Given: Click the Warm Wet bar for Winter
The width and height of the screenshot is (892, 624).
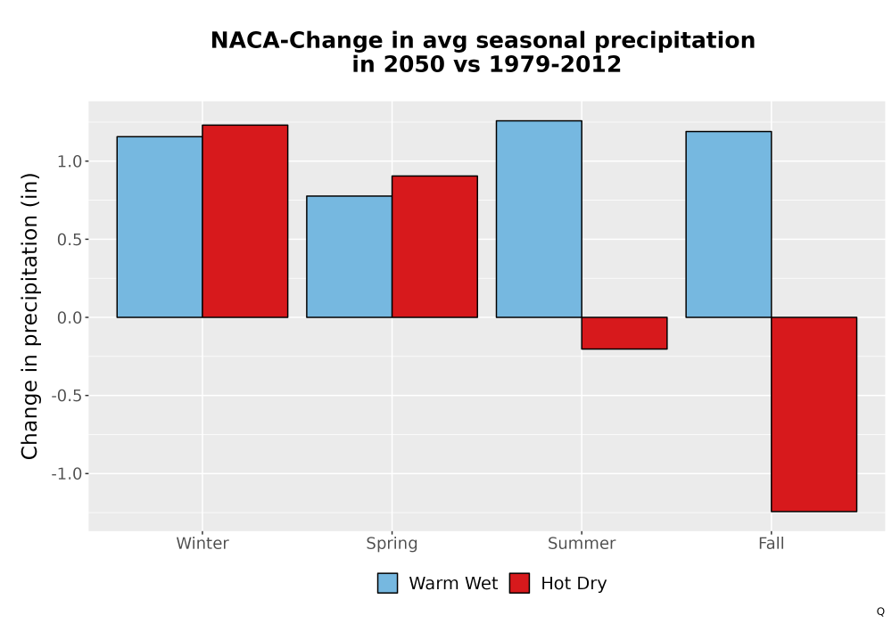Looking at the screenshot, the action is click(160, 226).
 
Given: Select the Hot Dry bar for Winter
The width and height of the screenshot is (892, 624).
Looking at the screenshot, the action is click(245, 221).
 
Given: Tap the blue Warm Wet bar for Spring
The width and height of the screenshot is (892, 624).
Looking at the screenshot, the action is click(350, 257).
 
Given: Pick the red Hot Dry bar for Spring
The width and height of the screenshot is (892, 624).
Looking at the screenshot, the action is click(434, 247).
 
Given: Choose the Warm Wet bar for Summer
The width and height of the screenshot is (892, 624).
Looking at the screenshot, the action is click(539, 218).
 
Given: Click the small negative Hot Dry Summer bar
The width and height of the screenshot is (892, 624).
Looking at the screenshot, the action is click(624, 333).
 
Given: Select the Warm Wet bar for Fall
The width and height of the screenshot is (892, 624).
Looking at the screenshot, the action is click(729, 225).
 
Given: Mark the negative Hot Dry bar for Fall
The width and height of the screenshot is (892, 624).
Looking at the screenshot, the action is click(814, 415).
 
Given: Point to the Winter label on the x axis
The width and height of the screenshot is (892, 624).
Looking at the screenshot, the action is click(202, 543).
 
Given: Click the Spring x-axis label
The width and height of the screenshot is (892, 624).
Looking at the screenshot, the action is click(392, 544).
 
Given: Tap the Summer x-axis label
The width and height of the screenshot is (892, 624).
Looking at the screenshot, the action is click(582, 543).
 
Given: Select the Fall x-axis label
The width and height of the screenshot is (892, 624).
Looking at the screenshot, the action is click(772, 543).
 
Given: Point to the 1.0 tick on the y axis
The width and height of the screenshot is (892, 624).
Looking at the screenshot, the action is click(70, 161).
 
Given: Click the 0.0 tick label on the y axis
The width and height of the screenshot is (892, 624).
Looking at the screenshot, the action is click(70, 317).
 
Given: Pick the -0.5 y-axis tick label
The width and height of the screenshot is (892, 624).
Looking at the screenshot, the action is click(67, 396).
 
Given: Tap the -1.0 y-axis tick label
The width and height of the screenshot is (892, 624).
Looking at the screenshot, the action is click(67, 473).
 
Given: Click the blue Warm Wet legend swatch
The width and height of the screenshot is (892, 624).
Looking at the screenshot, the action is click(387, 583).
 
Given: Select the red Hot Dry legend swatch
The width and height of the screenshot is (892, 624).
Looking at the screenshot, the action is click(519, 583).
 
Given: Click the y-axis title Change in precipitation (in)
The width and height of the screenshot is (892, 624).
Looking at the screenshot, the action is click(29, 316).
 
